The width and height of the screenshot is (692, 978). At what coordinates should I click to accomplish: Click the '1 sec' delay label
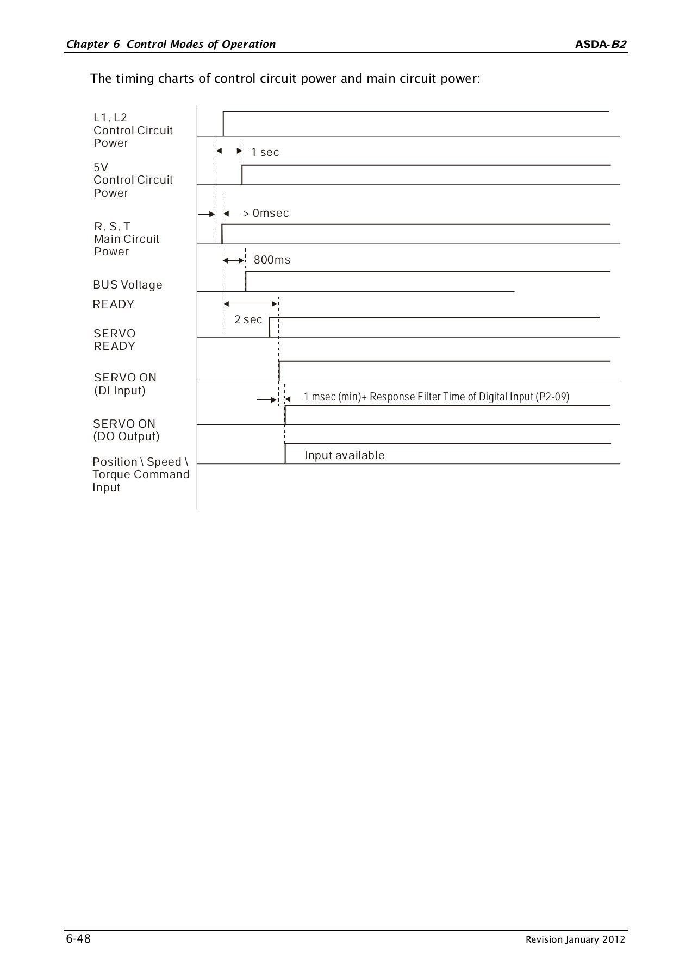coord(265,153)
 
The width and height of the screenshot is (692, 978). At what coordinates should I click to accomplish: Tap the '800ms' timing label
coord(272,260)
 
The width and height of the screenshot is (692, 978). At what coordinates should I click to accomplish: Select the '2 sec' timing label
coord(248,320)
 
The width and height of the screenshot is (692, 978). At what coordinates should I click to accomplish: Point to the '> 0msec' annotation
coord(266,214)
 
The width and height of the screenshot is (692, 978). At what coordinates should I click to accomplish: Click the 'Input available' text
coord(344,456)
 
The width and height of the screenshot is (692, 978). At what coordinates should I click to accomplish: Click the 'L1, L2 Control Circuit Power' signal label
coord(133,130)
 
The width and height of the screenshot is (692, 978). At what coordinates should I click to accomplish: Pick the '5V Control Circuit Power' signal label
coord(133,180)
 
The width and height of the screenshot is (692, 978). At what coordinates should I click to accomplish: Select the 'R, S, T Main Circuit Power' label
coord(126,239)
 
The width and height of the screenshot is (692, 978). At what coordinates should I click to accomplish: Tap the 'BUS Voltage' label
coord(127,285)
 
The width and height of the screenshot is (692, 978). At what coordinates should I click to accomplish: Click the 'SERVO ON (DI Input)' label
coord(125,384)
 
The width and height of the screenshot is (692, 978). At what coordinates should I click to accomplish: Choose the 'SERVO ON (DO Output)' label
coord(126,430)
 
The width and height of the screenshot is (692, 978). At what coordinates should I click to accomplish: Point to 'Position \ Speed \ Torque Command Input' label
coord(140,475)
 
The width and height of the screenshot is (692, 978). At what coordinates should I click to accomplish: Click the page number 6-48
coord(78,939)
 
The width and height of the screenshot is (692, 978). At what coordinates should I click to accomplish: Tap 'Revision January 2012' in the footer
coord(575,940)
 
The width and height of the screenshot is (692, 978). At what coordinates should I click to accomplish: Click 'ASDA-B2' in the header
coord(601,45)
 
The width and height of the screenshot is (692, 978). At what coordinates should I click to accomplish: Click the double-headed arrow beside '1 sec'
coord(229,151)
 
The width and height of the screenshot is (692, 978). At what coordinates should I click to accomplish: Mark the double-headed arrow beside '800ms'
coord(234,261)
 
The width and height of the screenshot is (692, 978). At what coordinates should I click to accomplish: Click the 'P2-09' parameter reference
coord(552,397)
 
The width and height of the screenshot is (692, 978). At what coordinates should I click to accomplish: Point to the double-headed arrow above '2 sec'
coord(250,304)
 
